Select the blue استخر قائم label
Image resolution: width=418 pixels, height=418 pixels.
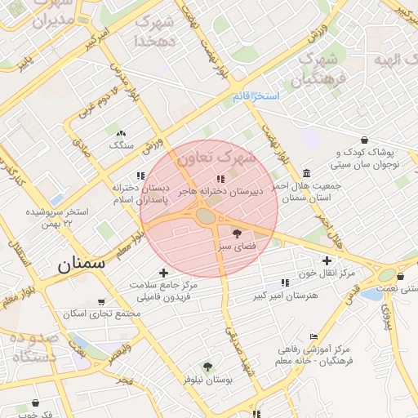[x=256, y=97]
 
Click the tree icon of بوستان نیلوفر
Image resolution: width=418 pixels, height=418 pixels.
[x=208, y=367]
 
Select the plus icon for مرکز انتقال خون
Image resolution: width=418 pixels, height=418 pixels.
[x=327, y=260]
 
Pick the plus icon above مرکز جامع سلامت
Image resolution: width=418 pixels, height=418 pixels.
[x=164, y=273]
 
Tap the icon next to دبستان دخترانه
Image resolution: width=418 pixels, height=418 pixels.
[x=141, y=175]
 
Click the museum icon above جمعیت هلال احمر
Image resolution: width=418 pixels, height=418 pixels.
[x=306, y=173]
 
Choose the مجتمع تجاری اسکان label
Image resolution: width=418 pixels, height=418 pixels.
[x=102, y=314]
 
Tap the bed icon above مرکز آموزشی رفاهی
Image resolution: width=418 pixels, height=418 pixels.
[x=314, y=336]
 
